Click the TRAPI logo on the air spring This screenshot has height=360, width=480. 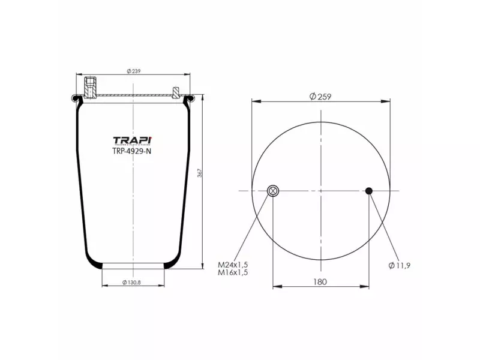(132, 141)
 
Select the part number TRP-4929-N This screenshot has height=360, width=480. (132, 152)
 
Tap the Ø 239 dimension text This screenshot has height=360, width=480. (133, 71)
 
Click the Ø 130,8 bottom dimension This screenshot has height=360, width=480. (132, 282)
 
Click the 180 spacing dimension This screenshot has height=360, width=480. (320, 281)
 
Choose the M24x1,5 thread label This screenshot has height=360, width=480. (233, 264)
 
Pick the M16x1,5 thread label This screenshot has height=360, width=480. (233, 272)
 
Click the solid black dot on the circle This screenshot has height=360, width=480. (369, 191)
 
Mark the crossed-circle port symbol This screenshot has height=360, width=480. (272, 191)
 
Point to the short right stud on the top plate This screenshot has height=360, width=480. (175, 92)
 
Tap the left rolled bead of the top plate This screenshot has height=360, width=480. (76, 98)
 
